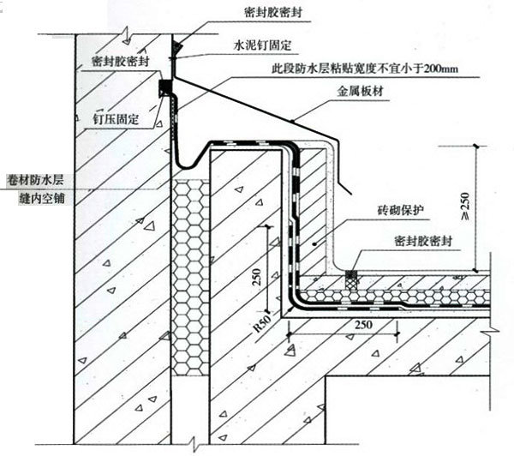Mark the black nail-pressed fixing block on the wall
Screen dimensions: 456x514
(x=166, y=88)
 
